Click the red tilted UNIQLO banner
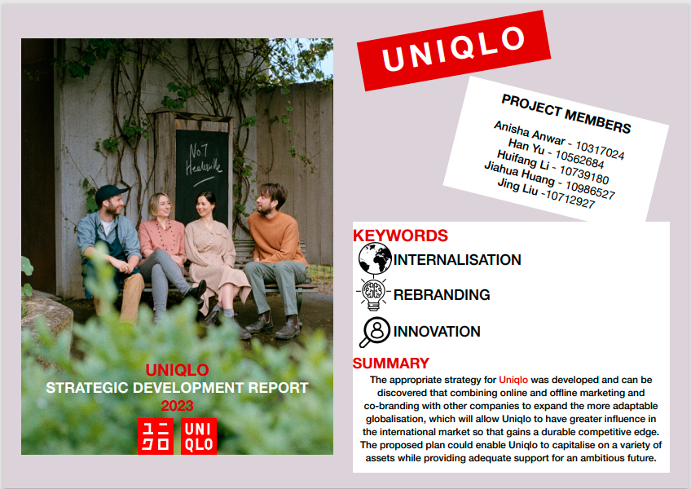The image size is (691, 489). coord(453,51)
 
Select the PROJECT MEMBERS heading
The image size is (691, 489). coord(566,114)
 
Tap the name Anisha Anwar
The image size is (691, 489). coord(530,133)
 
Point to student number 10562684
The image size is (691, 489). coord(579,159)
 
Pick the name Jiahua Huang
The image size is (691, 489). coord(519,173)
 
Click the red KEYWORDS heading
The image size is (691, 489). coord(400,236)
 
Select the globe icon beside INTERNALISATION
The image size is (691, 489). coord(375,258)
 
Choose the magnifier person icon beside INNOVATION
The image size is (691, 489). coord(375,332)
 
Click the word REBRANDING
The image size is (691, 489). coord(442,294)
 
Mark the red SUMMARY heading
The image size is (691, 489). coord(391,363)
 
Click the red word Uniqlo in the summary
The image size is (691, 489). coord(513,380)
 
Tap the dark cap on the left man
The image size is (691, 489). coord(111,193)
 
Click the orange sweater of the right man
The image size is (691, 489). coord(276,238)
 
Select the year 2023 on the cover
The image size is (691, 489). coord(177,406)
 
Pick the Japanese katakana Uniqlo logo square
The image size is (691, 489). coord(156,436)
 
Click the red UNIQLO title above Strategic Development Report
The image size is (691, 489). coord(177,370)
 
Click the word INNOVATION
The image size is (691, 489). coord(437,331)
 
